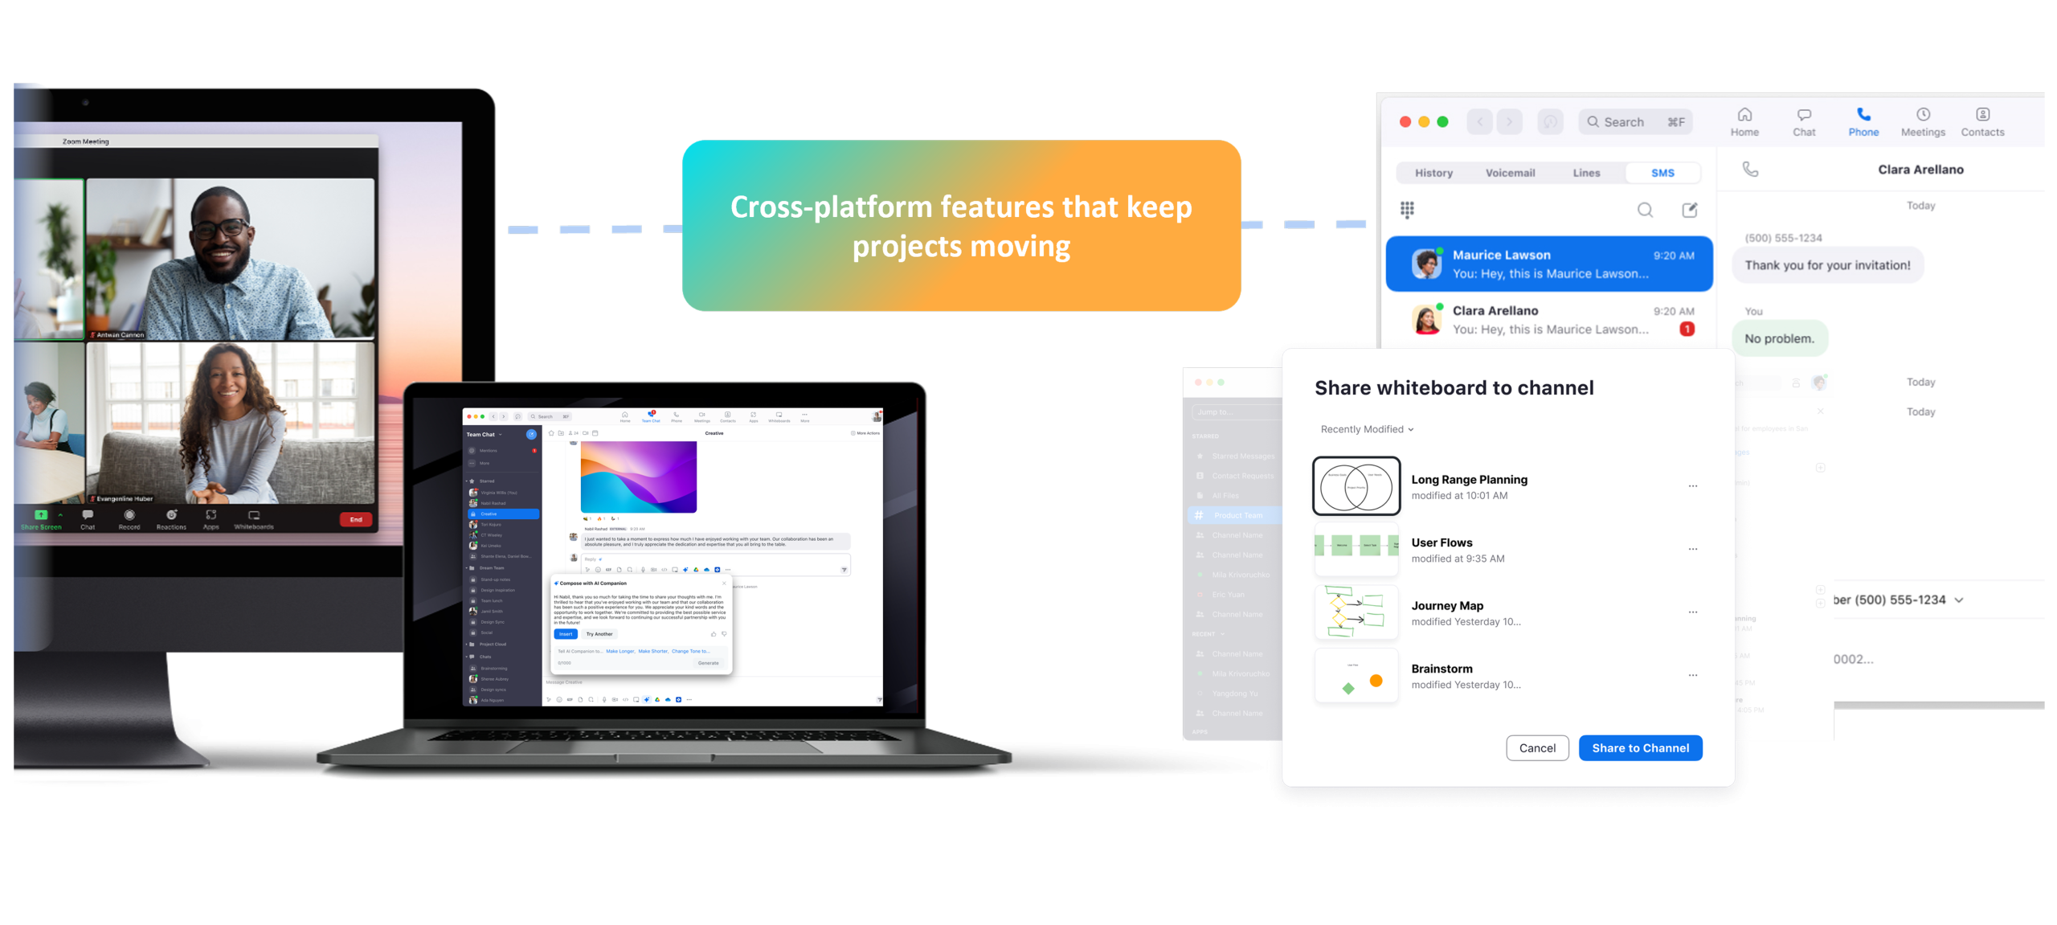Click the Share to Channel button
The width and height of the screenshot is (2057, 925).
[1640, 748]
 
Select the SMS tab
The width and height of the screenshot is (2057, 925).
[1662, 173]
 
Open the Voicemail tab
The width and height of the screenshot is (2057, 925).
[1510, 173]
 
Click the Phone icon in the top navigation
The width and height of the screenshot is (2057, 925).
[1863, 115]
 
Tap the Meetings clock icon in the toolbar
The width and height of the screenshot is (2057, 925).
[1923, 115]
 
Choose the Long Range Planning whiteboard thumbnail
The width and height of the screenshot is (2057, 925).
[1356, 486]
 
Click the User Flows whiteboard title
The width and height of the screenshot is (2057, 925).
[1442, 543]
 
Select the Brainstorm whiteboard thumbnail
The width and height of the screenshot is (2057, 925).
[1356, 676]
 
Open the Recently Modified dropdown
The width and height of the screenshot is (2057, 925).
[1367, 429]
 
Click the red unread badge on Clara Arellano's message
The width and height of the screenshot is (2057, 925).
[1687, 329]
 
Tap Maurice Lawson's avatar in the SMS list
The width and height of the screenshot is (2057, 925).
[1427, 264]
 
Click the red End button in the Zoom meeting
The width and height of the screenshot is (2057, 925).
[356, 520]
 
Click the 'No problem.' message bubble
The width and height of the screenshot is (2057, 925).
[1779, 338]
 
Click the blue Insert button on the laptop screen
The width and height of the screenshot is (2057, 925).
[566, 634]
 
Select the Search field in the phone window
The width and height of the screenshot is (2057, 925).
[1635, 122]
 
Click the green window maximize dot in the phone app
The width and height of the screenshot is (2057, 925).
[1442, 122]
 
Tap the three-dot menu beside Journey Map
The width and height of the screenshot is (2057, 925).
[1692, 612]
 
